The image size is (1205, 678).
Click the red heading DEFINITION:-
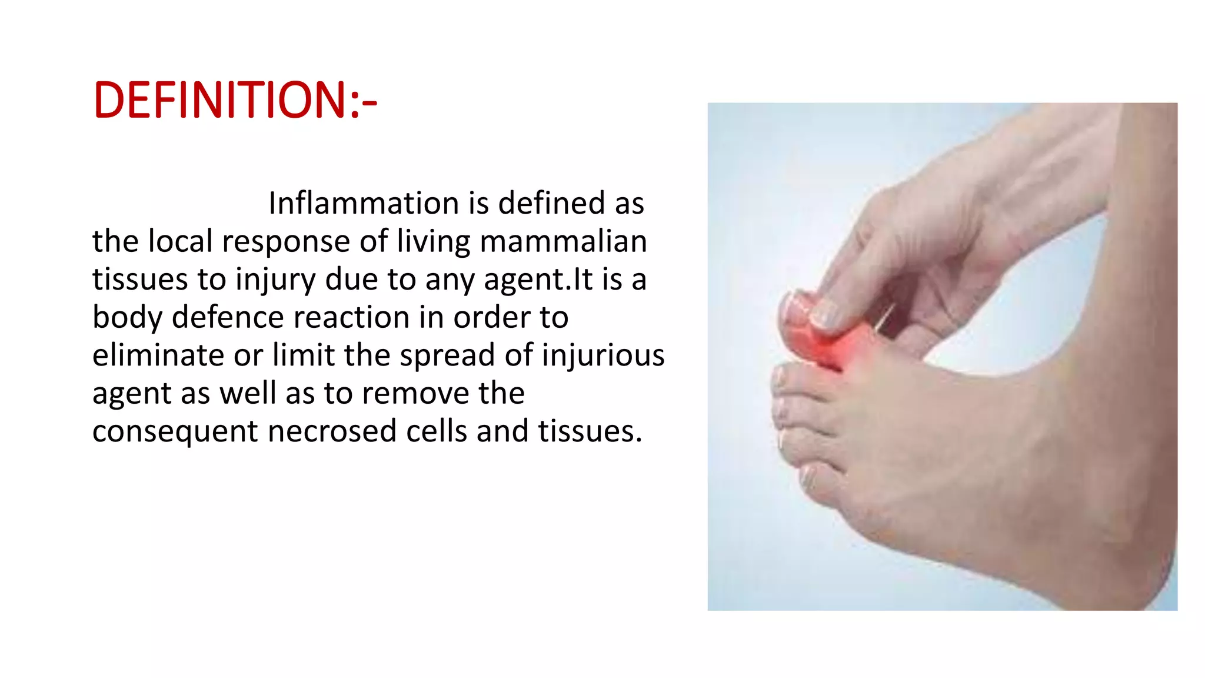pos(234,100)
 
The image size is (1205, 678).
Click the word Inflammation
pos(363,204)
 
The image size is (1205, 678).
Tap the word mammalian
pos(563,241)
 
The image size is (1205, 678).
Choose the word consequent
pos(175,432)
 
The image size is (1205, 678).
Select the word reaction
pos(351,318)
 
